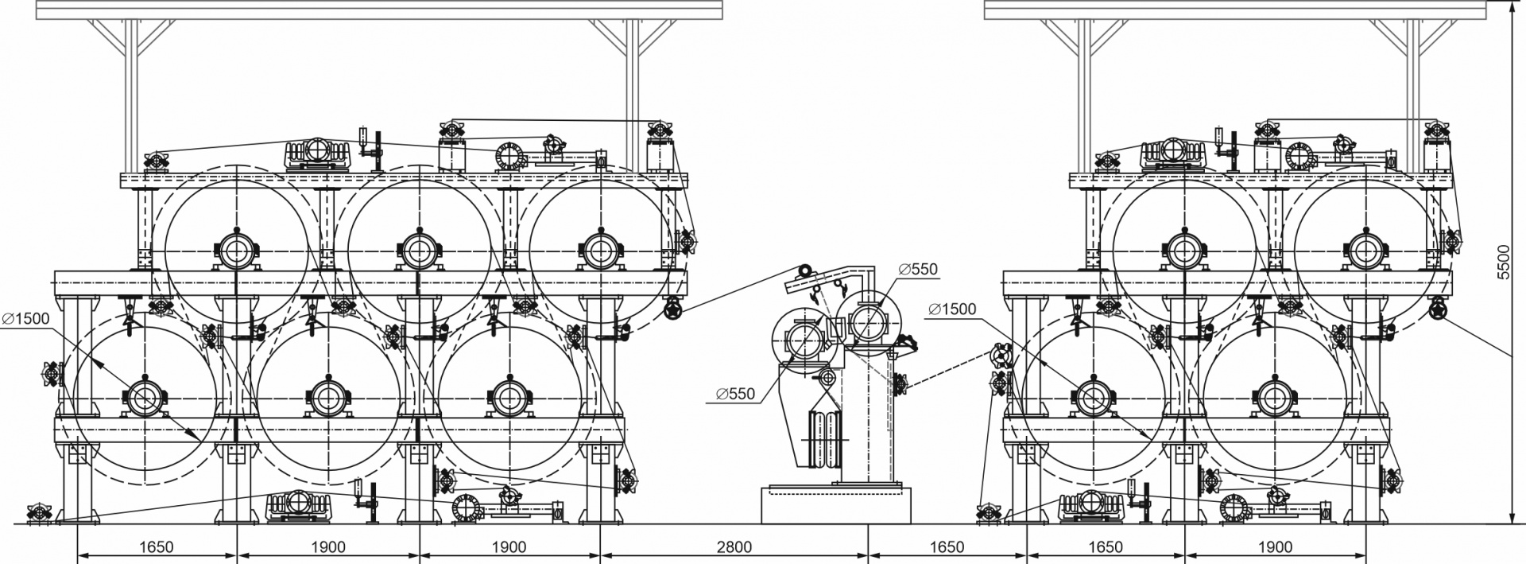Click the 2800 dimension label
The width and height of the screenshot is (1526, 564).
(x=734, y=547)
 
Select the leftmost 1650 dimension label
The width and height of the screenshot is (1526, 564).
(x=157, y=547)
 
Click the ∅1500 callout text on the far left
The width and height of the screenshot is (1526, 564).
(x=25, y=318)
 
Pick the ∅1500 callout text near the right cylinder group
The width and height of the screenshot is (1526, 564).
(x=951, y=309)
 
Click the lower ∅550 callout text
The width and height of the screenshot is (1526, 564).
(x=735, y=392)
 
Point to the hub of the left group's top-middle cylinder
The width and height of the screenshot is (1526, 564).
(x=416, y=251)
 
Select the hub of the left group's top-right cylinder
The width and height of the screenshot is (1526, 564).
(x=598, y=251)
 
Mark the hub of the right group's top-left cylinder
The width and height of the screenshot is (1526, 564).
(x=1184, y=251)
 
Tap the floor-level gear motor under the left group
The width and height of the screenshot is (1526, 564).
(x=298, y=504)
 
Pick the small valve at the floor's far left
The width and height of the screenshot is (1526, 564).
(x=37, y=513)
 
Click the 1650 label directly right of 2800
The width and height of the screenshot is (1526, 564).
(x=947, y=547)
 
